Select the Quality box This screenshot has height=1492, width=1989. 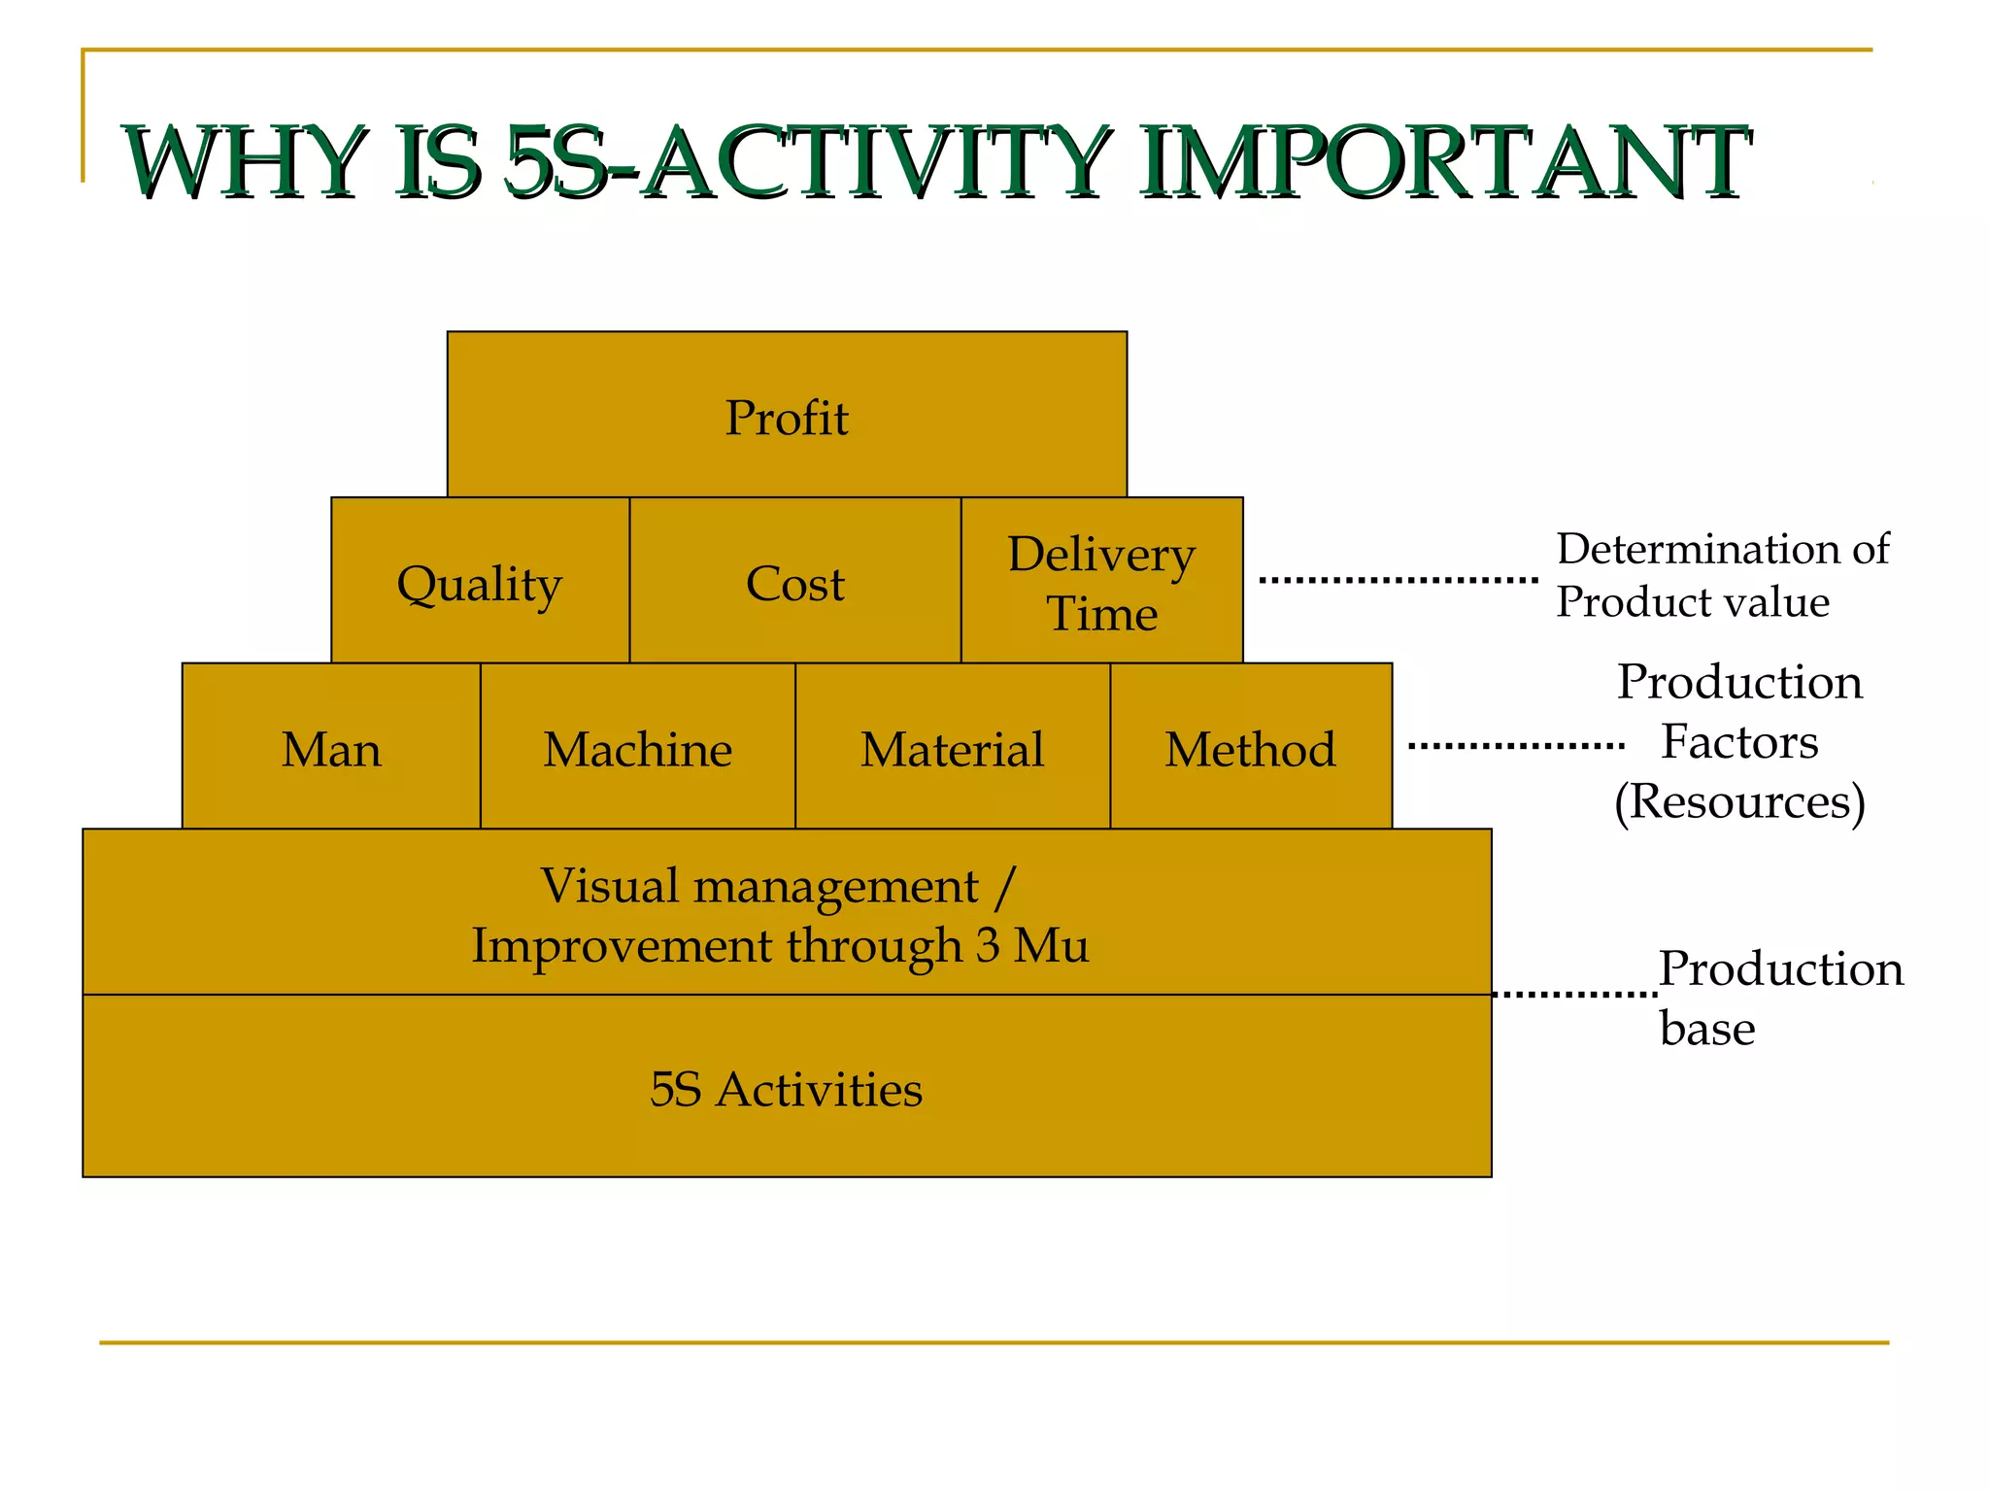[x=480, y=582]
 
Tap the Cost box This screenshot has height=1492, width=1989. [x=794, y=582]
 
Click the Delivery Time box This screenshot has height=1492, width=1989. [x=1101, y=582]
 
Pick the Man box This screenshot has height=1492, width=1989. [x=331, y=748]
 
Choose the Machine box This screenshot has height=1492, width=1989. [x=637, y=748]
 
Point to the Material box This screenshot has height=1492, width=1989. [x=952, y=748]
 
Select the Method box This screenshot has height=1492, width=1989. [x=1250, y=748]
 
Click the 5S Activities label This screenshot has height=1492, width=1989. [x=786, y=1089]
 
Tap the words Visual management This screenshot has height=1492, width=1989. [x=759, y=886]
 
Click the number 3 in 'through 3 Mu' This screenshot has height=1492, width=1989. [x=988, y=945]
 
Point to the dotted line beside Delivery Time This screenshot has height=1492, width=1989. [x=1399, y=580]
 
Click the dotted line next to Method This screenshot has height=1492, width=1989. [x=1515, y=746]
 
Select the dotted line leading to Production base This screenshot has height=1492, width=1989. [x=1574, y=994]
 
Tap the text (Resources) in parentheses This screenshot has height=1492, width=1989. [x=1739, y=801]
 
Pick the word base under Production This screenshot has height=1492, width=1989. [x=1707, y=1029]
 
